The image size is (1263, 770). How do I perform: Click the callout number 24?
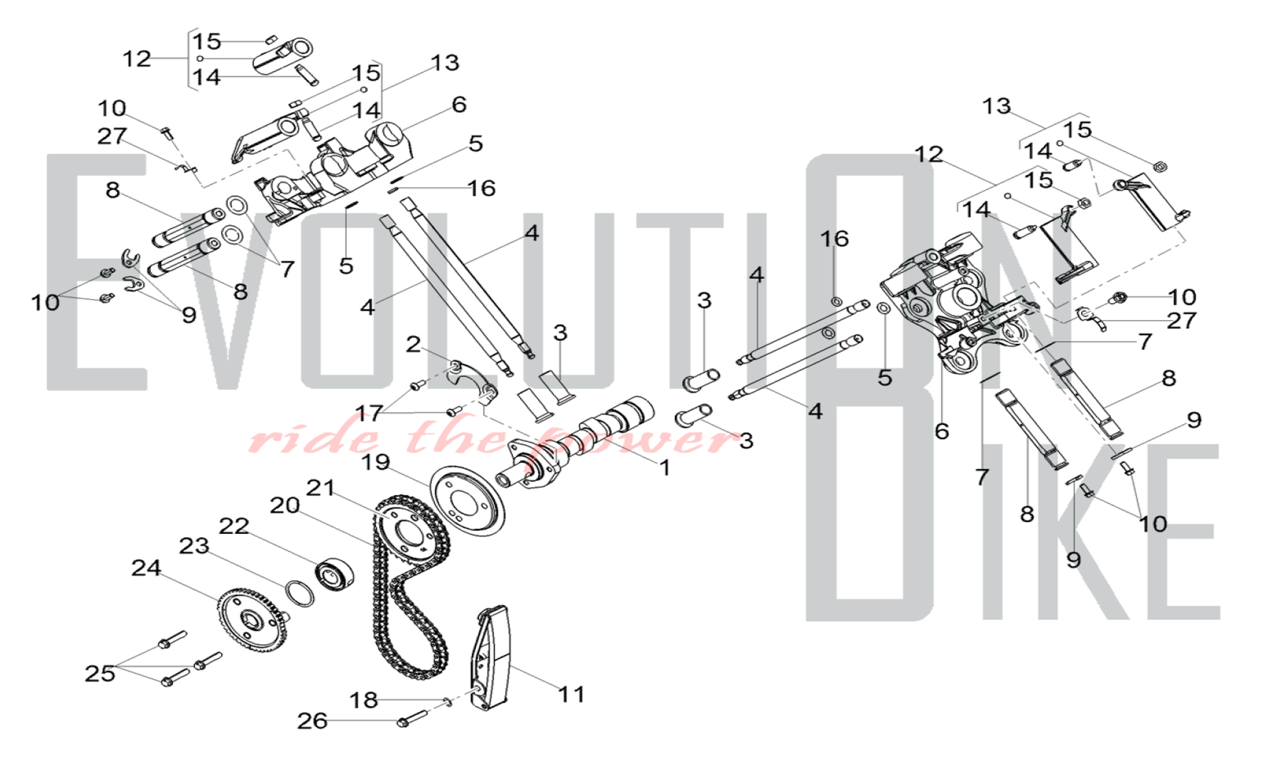pyautogui.click(x=146, y=568)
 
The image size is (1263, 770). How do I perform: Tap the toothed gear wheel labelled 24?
pyautogui.click(x=251, y=619)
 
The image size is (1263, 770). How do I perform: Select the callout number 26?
pyautogui.click(x=313, y=721)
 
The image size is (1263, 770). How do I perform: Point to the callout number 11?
pyautogui.click(x=572, y=694)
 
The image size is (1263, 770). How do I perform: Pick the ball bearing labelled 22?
pyautogui.click(x=334, y=575)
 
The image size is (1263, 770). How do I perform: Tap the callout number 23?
pyautogui.click(x=194, y=546)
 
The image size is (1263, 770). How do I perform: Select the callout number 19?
pyautogui.click(x=376, y=462)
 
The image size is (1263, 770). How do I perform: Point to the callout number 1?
pyautogui.click(x=664, y=468)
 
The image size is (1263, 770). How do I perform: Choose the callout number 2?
pyautogui.click(x=413, y=344)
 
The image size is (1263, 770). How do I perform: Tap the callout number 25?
pyautogui.click(x=100, y=673)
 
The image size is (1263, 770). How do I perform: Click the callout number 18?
pyautogui.click(x=364, y=700)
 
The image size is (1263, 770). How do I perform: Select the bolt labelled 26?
pyautogui.click(x=412, y=719)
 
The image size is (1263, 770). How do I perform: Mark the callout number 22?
pyautogui.click(x=234, y=526)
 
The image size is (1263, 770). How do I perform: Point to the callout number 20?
pyautogui.click(x=284, y=506)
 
